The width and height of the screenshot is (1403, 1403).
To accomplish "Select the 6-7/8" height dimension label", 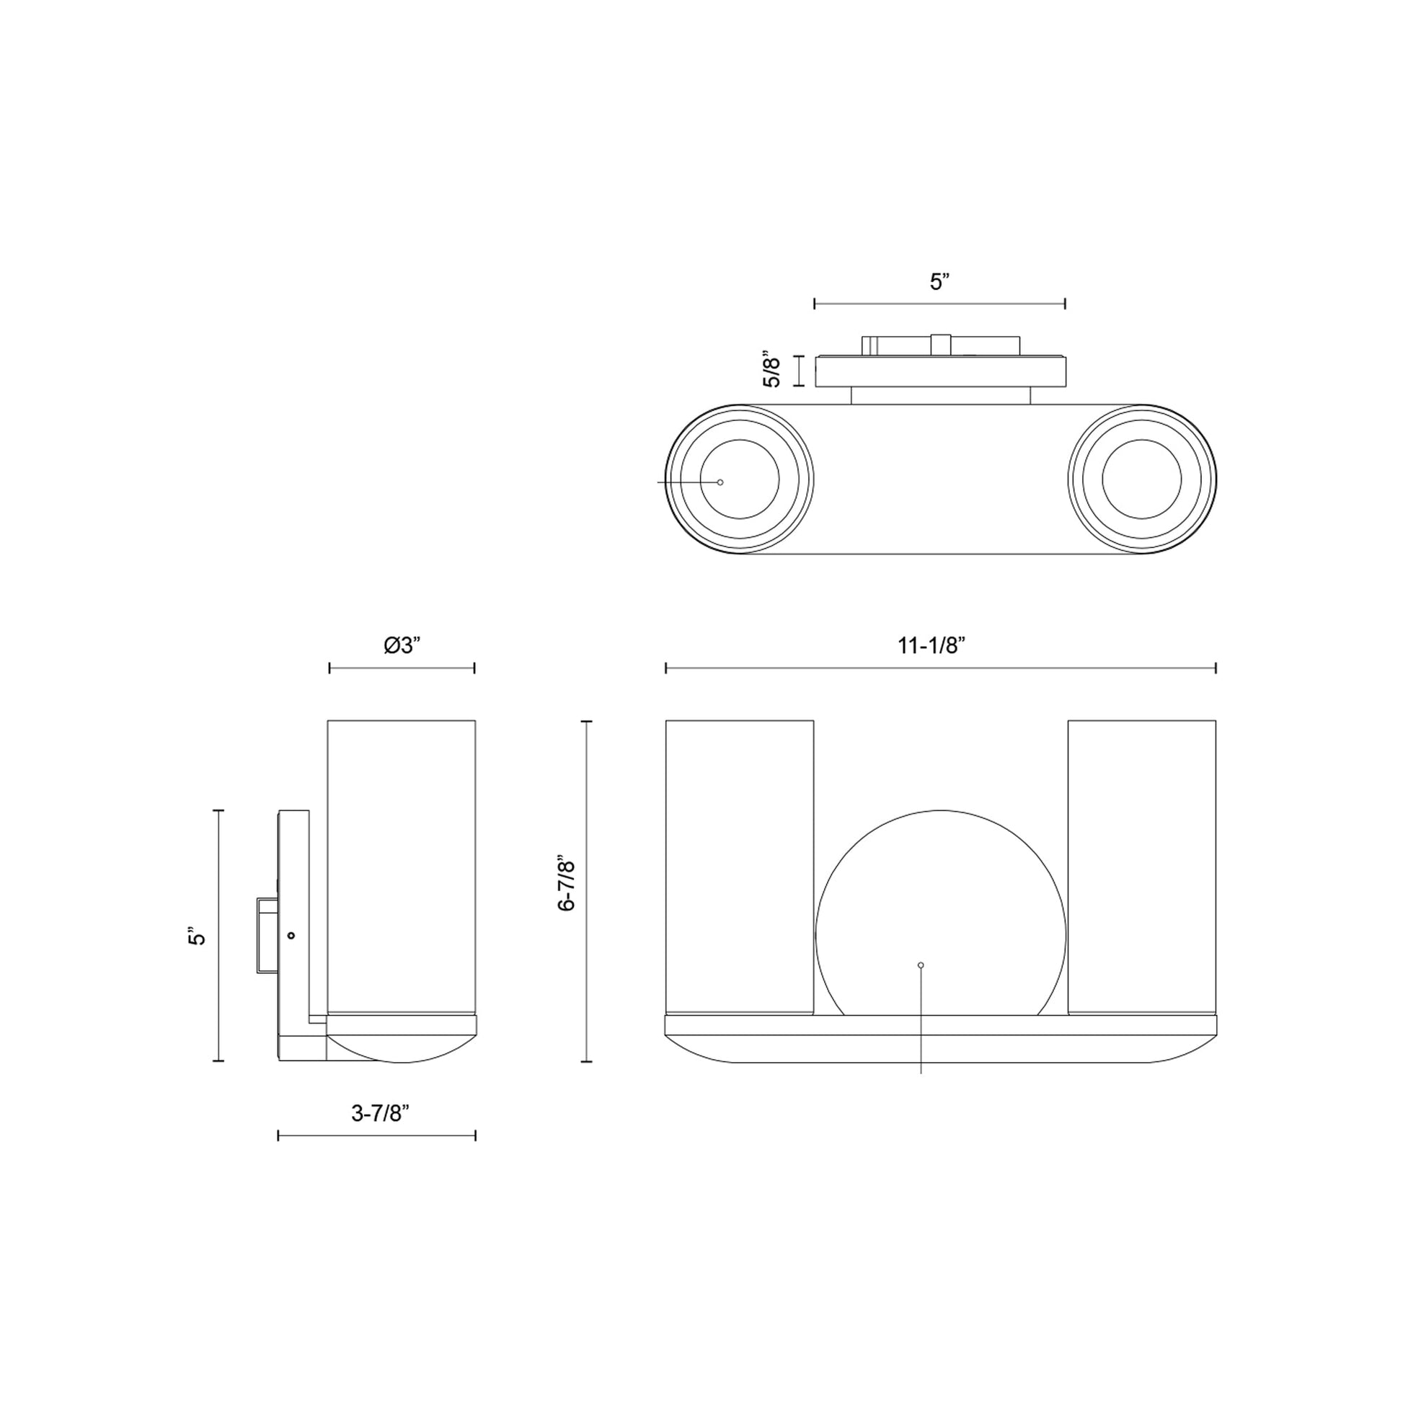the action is click(x=566, y=884).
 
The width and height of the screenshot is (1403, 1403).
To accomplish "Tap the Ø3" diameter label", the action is click(x=402, y=645).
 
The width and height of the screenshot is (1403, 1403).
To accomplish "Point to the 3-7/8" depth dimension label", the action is click(x=381, y=1113).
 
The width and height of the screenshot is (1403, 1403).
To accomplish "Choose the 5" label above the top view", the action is click(x=940, y=282).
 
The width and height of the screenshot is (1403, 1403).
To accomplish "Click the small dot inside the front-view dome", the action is click(x=921, y=965).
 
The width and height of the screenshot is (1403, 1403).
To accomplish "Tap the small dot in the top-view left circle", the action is click(x=720, y=482).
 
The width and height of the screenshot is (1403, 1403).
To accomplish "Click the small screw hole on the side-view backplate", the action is click(x=291, y=935).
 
